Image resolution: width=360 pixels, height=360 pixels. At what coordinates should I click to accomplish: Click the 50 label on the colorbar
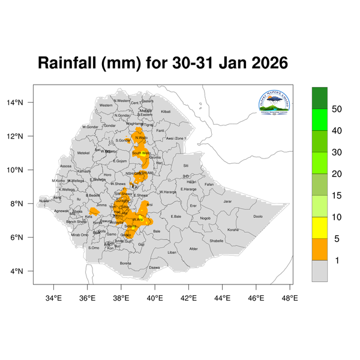click(337, 109)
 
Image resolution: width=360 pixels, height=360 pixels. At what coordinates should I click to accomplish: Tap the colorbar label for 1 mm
click(337, 260)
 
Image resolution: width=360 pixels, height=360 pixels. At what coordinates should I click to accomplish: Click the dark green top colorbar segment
click(320, 97)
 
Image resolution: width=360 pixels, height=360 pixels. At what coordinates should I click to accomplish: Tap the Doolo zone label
click(257, 217)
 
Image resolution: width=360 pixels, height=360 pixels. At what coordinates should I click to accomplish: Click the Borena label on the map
click(125, 263)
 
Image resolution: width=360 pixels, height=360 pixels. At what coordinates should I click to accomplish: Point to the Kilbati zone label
click(166, 112)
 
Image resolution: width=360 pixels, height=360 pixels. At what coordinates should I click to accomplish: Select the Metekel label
click(83, 153)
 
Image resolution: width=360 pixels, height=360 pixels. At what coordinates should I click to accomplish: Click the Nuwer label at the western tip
click(44, 201)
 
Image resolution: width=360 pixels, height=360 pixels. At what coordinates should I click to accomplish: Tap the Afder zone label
click(193, 248)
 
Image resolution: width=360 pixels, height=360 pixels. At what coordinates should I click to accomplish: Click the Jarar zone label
click(227, 202)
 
